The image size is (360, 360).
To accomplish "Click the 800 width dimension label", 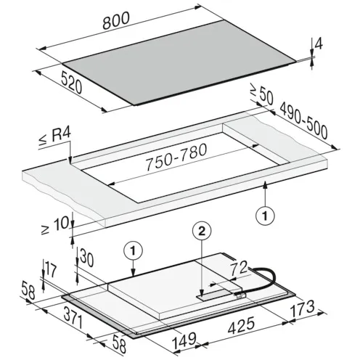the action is click(x=116, y=20).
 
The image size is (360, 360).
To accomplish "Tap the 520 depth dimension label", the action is click(x=72, y=82).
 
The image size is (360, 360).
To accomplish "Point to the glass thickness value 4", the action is click(x=319, y=44).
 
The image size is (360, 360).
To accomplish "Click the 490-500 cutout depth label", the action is click(x=304, y=124).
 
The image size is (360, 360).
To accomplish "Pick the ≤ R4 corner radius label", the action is click(x=55, y=137).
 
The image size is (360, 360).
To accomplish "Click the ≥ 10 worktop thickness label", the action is click(x=55, y=226).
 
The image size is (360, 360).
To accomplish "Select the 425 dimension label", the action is click(x=242, y=325).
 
